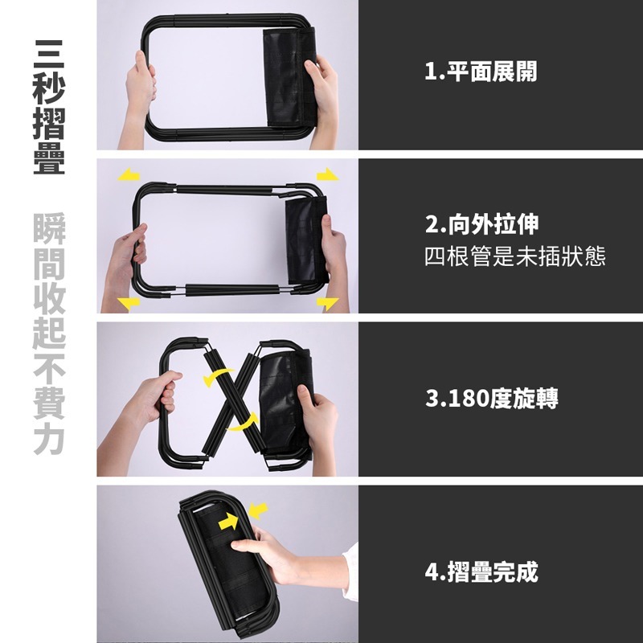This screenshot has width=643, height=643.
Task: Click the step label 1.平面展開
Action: pyautogui.click(x=481, y=72)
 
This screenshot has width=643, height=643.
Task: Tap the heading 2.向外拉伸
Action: pyautogui.click(x=481, y=224)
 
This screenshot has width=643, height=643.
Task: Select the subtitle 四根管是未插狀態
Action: pyautogui.click(x=515, y=256)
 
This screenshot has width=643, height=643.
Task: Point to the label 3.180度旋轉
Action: pyautogui.click(x=492, y=398)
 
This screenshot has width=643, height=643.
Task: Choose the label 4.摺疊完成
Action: pyautogui.click(x=481, y=571)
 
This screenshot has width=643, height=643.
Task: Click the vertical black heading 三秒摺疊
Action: pyautogui.click(x=49, y=107)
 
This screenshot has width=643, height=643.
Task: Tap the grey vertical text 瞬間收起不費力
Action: pyautogui.click(x=49, y=334)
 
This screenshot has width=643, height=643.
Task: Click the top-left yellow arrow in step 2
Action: pyautogui.click(x=129, y=175)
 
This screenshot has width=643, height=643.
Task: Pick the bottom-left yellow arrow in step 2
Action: pyautogui.click(x=129, y=304)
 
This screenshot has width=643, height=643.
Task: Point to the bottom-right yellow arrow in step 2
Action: pyautogui.click(x=327, y=304)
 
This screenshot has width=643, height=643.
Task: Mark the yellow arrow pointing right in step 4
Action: pyautogui.click(x=228, y=522)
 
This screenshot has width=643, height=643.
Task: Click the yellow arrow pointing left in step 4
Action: pyautogui.click(x=258, y=511)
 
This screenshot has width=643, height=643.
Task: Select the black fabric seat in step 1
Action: pyautogui.click(x=289, y=77)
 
